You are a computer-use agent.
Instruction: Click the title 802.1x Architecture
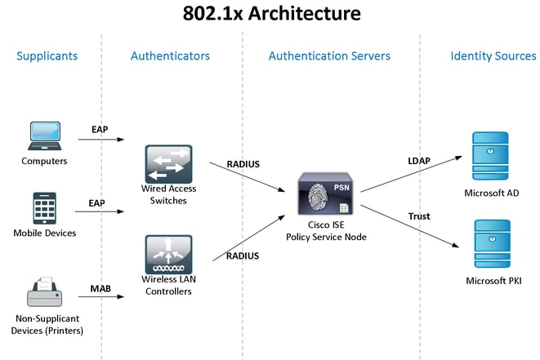coord(270,14)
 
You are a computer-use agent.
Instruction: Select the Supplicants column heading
coord(47,56)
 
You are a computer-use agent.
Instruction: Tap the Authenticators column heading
coord(170,56)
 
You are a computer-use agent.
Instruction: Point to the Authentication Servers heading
coord(329,56)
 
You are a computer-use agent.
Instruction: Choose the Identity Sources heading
coord(493,56)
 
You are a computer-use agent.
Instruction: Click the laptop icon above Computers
coord(44,136)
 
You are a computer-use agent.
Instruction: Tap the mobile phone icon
coord(43,208)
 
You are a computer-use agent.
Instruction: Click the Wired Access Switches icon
coord(168,164)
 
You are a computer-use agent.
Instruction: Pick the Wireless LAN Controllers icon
coord(168,255)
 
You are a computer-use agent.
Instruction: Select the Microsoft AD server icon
coord(491,155)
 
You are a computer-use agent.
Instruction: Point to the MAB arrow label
coord(100,288)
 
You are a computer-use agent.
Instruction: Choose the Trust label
coord(419,216)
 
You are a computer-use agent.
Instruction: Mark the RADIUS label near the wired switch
coord(243,164)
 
